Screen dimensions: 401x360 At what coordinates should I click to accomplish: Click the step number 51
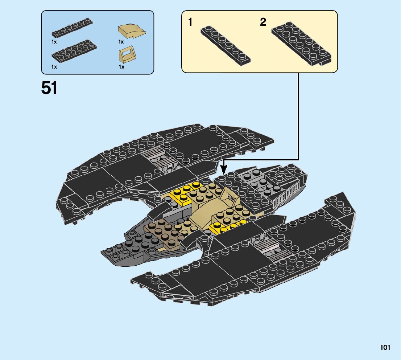pyautogui.click(x=49, y=88)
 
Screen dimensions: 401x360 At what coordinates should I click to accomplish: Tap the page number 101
pyautogui.click(x=385, y=348)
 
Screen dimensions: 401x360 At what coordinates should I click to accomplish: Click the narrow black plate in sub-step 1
pyautogui.click(x=226, y=45)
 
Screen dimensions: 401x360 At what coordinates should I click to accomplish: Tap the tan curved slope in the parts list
pyautogui.click(x=132, y=32)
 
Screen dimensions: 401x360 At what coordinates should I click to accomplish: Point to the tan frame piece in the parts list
pyautogui.click(x=127, y=55)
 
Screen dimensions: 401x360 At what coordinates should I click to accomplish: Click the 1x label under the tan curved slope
pyautogui.click(x=121, y=42)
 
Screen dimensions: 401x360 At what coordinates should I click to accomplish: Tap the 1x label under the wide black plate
pyautogui.click(x=54, y=67)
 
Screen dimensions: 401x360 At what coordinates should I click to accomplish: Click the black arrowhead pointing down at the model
pyautogui.click(x=224, y=168)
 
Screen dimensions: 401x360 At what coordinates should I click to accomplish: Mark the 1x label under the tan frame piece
pyautogui.click(x=121, y=67)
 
